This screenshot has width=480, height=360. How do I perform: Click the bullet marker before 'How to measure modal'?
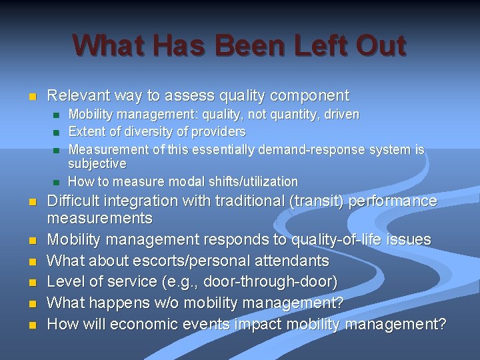pos(57,182)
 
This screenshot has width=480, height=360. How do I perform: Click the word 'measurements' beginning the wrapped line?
pos(99,218)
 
